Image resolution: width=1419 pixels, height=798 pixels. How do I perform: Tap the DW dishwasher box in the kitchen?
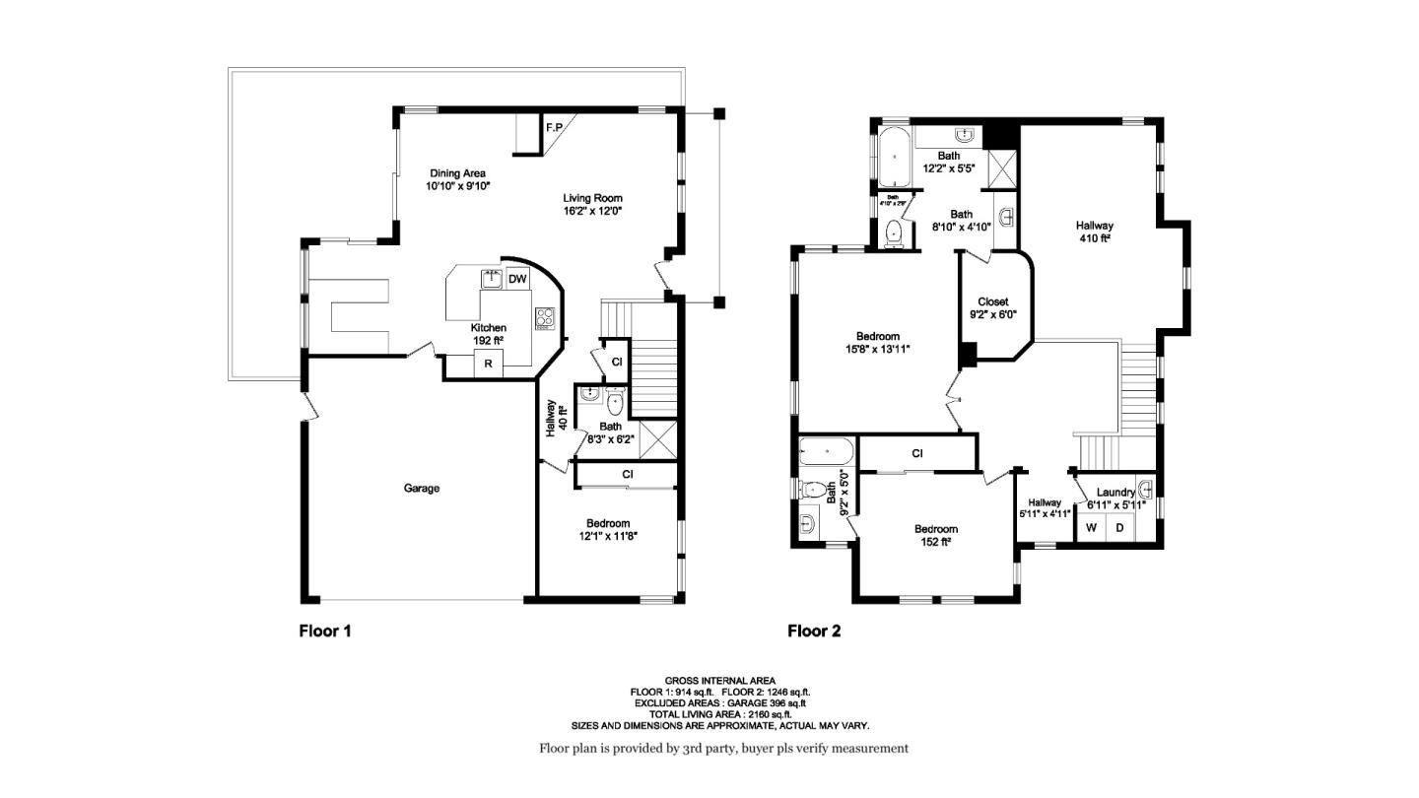coord(517,280)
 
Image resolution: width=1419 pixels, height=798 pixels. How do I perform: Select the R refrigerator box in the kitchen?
coord(487,365)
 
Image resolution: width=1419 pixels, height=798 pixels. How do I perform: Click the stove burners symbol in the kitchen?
coord(545,317)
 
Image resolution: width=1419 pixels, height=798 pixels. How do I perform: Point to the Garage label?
coord(422,489)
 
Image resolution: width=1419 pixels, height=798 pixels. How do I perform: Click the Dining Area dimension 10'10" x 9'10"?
coord(458,186)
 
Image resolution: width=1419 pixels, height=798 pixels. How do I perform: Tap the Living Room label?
coord(592,198)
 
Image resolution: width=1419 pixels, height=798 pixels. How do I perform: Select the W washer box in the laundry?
coord(1091,528)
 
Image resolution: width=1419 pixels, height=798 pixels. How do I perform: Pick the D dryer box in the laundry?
coord(1119,528)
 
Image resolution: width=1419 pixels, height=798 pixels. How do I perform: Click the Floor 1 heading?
coord(325,631)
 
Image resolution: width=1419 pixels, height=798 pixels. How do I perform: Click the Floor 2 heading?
coord(814,631)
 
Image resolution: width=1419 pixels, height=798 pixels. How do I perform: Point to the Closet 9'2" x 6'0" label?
coord(992,308)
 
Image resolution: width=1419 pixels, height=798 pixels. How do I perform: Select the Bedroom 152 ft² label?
coord(935,535)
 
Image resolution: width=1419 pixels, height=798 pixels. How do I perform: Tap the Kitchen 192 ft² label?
coord(488,334)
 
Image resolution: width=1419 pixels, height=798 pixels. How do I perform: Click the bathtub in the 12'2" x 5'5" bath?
coord(895,157)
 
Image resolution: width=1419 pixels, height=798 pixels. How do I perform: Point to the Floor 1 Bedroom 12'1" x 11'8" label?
coord(607,529)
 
